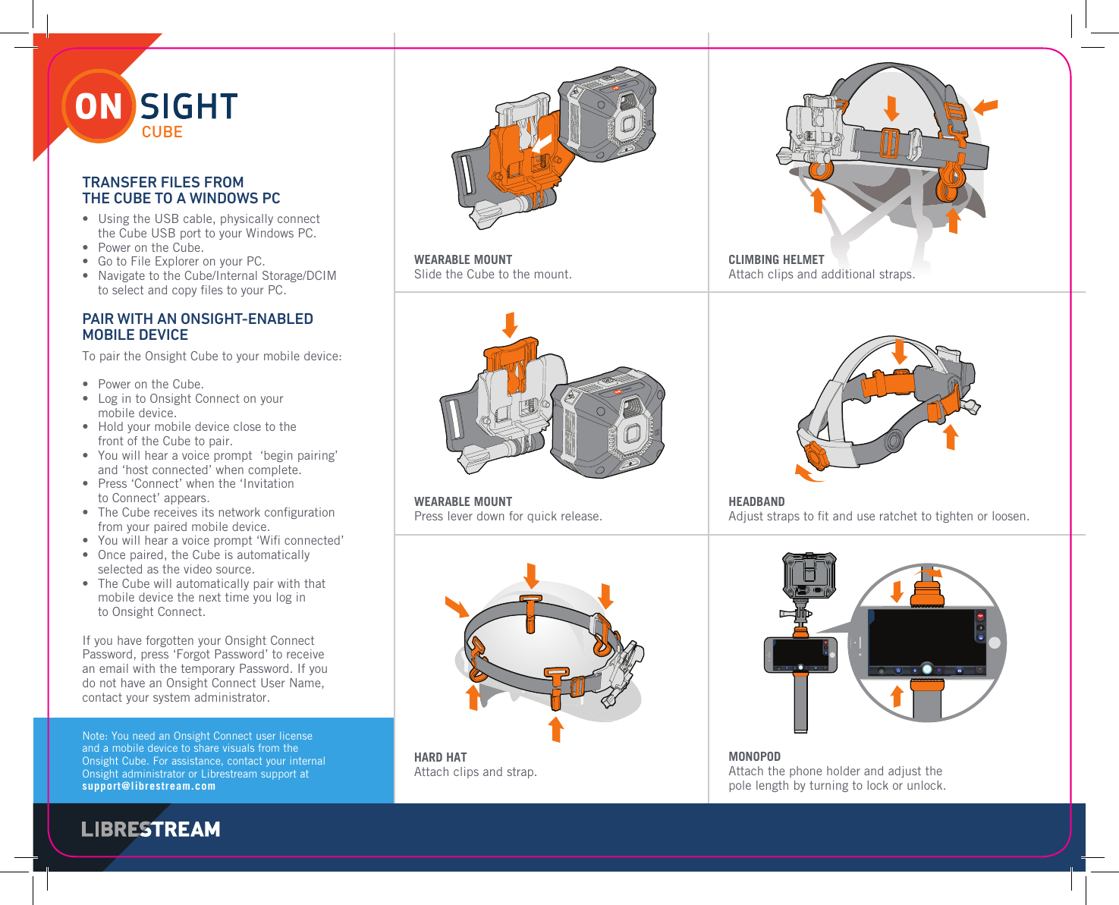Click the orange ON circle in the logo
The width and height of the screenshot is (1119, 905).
(99, 107)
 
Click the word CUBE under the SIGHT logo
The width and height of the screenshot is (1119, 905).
(162, 132)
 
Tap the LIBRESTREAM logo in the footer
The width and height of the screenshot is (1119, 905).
(151, 829)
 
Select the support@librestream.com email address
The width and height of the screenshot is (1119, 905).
(149, 787)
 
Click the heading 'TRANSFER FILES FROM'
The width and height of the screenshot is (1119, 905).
(163, 182)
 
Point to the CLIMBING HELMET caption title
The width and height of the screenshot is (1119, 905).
(776, 259)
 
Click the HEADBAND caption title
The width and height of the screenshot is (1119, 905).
(756, 501)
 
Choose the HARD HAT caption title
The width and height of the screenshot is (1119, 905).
(440, 757)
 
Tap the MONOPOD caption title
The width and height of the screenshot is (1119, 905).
(754, 756)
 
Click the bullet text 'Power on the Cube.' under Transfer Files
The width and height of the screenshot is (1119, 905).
(150, 247)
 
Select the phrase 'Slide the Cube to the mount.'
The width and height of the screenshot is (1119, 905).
(492, 274)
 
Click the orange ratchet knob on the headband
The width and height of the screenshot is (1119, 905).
(816, 456)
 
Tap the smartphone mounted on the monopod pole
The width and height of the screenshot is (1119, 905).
(800, 654)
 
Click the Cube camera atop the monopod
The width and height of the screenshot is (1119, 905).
(809, 577)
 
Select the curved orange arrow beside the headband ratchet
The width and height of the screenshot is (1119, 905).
(807, 475)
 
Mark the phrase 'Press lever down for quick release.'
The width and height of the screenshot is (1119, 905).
(508, 516)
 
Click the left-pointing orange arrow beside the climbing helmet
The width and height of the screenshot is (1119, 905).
(985, 106)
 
